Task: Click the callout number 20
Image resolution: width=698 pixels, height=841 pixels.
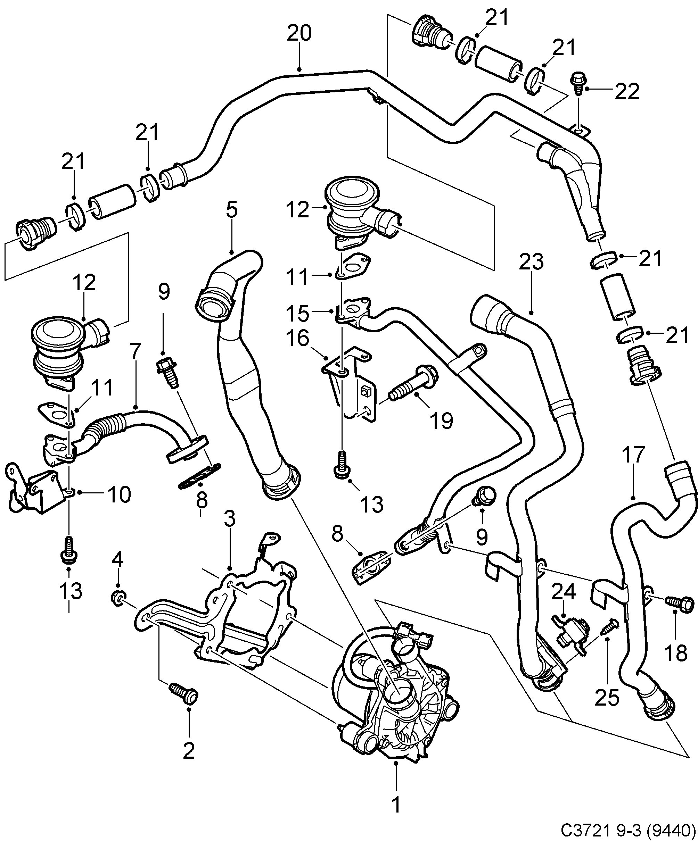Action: click(x=299, y=34)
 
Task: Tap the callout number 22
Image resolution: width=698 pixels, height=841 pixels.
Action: click(x=627, y=92)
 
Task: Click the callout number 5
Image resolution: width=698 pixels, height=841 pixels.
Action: click(x=232, y=210)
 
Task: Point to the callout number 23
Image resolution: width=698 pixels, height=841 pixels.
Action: click(x=531, y=262)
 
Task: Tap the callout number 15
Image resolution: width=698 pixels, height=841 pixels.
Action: click(x=298, y=313)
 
